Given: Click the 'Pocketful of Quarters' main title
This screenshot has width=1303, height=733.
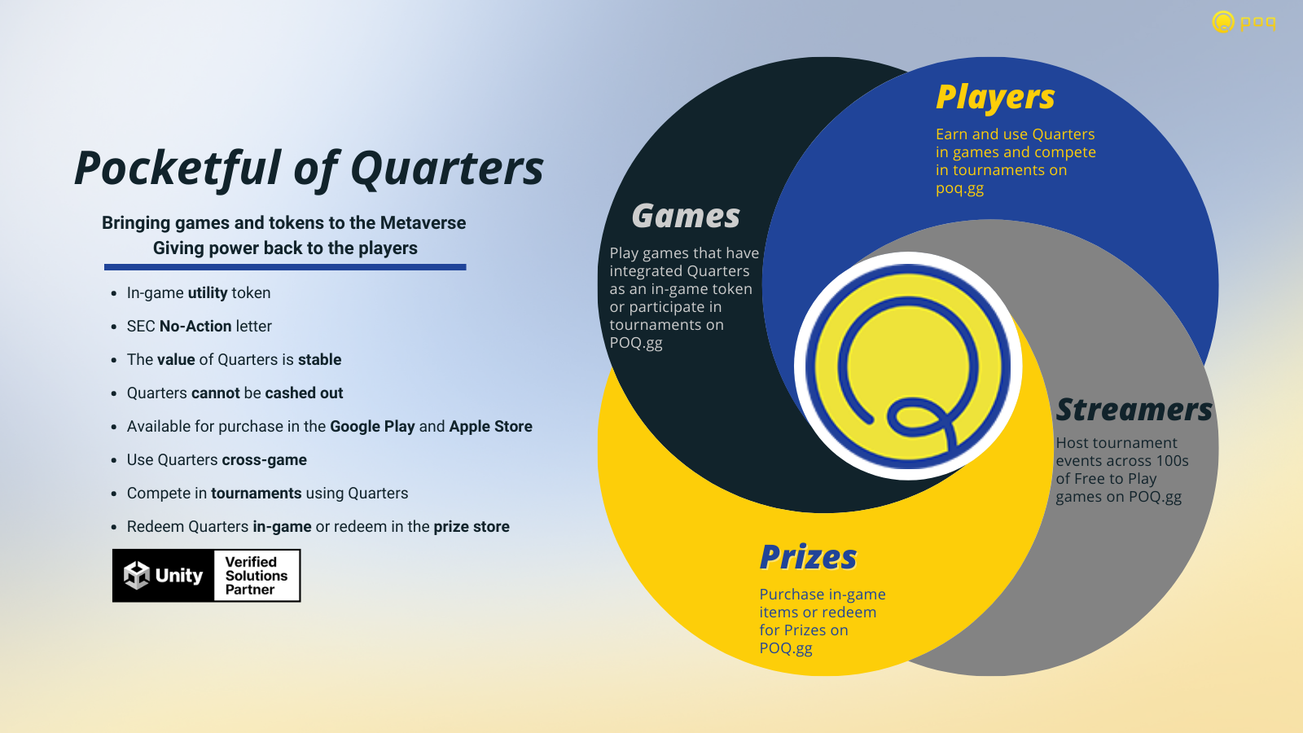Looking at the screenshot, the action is point(309,169).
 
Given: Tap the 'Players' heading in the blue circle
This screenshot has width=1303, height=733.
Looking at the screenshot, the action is point(995,97).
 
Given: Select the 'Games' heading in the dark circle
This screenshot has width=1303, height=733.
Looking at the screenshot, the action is point(686,216).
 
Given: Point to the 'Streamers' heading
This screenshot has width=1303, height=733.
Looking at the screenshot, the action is point(1134,410).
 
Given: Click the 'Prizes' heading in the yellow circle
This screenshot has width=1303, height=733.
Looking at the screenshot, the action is point(808,557).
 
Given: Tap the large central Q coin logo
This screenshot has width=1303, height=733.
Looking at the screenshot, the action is point(908,366).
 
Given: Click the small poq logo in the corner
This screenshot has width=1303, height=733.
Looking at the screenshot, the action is point(1244,22).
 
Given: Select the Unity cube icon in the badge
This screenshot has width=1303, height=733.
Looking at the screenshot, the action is point(137,575).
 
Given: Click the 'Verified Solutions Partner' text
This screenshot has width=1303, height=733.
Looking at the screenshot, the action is point(256,575).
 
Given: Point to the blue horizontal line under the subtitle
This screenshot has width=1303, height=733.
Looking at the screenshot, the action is point(285,267).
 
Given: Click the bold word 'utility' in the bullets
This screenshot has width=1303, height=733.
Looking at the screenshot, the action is point(208,293).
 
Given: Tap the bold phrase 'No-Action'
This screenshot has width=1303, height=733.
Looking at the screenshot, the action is point(195,327).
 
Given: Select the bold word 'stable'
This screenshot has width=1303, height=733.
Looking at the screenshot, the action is point(319,359).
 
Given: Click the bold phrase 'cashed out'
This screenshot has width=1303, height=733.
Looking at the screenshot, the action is point(304,393).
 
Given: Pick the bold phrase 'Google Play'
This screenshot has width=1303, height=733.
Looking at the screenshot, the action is point(372,427).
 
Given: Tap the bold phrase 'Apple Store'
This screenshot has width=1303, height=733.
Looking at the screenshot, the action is point(490,427).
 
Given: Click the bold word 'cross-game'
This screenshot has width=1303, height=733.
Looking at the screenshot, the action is point(264,460).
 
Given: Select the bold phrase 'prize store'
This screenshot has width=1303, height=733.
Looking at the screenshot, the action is point(472,527).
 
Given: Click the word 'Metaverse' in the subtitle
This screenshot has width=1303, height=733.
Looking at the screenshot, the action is point(423,223).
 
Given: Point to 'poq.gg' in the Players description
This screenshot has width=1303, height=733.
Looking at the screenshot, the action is point(959,189).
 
